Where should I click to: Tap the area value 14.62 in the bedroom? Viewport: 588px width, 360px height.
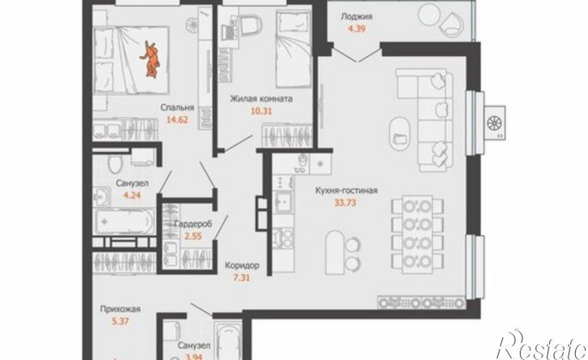177,120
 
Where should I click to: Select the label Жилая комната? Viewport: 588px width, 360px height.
261,100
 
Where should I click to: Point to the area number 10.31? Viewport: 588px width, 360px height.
261,111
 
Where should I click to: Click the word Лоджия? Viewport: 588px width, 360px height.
356,16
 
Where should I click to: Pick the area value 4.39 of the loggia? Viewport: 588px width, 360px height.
356,28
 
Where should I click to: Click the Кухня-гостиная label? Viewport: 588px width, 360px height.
346,191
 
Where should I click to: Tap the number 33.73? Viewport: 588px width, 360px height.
346,203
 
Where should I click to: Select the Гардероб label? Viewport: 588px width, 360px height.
193,225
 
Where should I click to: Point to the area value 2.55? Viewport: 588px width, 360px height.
193,236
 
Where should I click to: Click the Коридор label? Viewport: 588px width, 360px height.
242,266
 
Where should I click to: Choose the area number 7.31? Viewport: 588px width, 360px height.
242,278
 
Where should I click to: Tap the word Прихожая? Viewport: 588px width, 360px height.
120,310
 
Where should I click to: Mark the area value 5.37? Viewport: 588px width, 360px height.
120,321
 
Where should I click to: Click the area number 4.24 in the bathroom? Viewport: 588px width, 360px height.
131,195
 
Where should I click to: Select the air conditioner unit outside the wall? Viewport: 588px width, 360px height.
494,122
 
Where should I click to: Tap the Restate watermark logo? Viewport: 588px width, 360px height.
542,345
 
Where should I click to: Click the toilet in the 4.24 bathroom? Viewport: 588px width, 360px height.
115,163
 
